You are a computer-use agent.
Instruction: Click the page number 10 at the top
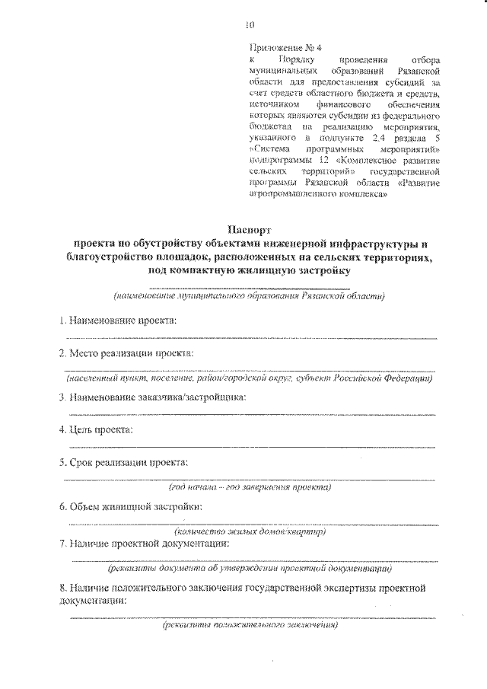coord(249,24)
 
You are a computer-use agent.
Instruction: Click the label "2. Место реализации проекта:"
coord(126,353)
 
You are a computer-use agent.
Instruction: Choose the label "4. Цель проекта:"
coord(97,430)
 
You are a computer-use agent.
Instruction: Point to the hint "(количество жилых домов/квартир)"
coord(250,531)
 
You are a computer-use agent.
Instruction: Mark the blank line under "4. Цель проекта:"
coord(250,446)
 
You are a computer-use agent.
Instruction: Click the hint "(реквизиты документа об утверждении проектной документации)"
coord(250,568)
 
